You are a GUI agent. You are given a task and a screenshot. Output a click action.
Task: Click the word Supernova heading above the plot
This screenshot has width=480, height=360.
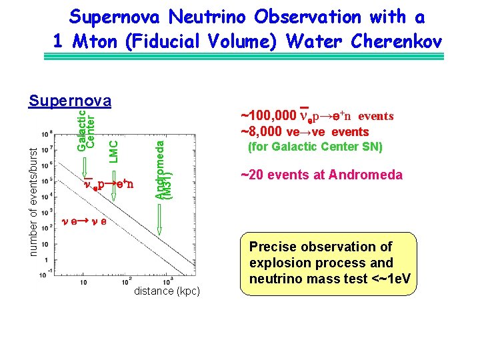click(x=69, y=101)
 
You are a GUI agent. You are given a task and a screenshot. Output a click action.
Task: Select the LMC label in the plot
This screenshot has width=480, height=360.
click(x=113, y=150)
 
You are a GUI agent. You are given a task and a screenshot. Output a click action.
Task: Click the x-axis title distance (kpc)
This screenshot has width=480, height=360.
click(x=167, y=291)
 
